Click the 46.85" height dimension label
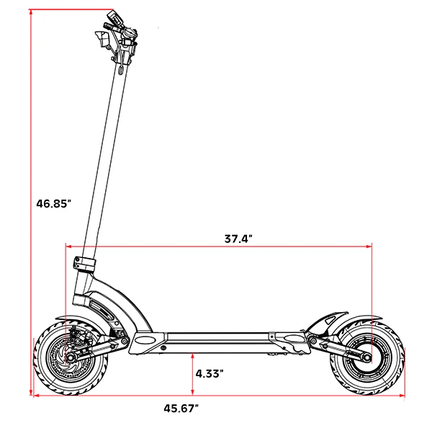[53, 203]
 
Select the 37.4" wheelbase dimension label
[238, 239]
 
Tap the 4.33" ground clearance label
[210, 373]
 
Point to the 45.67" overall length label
[181, 409]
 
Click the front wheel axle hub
[69, 357]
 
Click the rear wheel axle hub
[367, 357]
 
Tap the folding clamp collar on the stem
[85, 265]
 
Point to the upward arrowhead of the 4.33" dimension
[192, 356]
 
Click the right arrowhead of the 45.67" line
[402, 396]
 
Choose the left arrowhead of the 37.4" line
[68, 246]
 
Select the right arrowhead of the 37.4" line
[369, 246]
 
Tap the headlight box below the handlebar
[102, 39]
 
